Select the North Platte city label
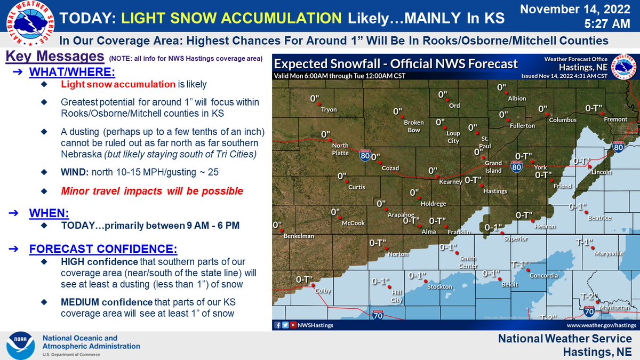click(x=340, y=149)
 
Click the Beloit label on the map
click(x=509, y=284)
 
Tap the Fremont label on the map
click(x=615, y=119)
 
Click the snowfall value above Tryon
click(x=315, y=99)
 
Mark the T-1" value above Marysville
click(x=585, y=243)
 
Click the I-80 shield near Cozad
click(x=365, y=155)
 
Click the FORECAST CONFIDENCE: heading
click(x=102, y=249)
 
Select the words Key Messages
click(x=54, y=57)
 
